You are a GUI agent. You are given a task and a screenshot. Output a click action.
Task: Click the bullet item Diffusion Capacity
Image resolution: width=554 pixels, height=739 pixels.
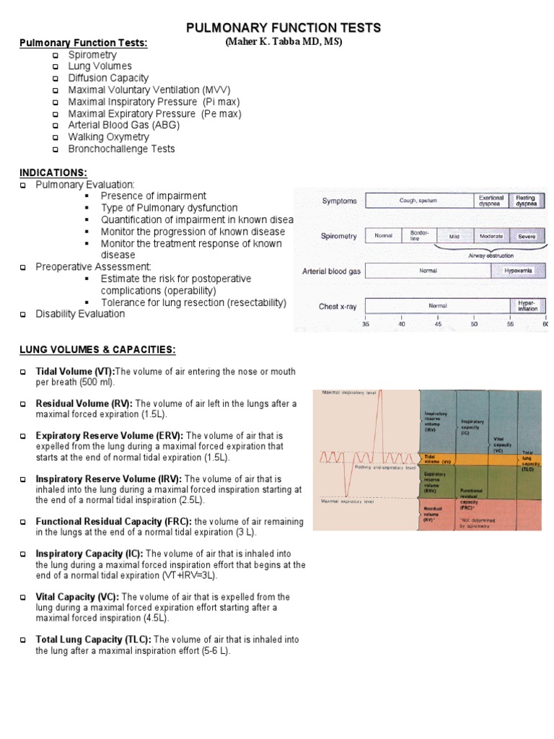tap(108, 78)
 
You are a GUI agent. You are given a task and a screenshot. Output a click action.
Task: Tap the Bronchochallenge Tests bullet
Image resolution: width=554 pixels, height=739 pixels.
tap(121, 149)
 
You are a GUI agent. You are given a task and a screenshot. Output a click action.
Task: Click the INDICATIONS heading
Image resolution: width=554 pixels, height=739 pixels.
tap(53, 172)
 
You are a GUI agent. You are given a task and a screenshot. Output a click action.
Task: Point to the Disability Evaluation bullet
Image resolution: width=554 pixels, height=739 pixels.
tap(80, 314)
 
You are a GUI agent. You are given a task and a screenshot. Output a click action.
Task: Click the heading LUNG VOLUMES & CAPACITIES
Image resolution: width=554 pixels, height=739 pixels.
tap(97, 350)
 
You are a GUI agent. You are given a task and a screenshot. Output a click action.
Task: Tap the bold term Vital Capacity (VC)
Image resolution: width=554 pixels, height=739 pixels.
tap(78, 598)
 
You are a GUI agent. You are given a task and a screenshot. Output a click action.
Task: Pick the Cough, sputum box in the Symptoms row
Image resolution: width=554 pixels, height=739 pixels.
tap(418, 201)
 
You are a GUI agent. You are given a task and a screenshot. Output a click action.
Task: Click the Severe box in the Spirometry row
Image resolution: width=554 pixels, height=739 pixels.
tap(527, 236)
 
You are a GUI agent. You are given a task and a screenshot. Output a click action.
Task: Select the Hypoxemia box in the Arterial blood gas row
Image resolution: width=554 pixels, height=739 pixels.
tap(518, 271)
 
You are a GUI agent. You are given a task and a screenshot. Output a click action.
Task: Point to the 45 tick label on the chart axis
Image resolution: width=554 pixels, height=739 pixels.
tap(438, 324)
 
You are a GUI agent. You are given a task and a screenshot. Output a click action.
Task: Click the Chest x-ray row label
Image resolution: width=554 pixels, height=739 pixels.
tap(338, 307)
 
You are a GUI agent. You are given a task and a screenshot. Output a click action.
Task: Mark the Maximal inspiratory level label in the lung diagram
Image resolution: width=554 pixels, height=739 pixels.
tap(346, 393)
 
